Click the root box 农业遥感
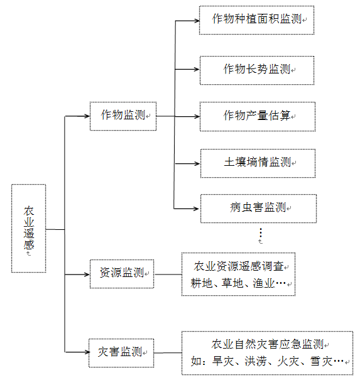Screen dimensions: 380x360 point(29,229)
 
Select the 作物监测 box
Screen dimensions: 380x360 point(123,116)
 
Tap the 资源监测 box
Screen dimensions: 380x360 point(121,273)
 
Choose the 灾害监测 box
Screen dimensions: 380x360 point(121,350)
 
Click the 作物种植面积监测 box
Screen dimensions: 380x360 point(256,19)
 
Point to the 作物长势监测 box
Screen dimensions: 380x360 point(256,70)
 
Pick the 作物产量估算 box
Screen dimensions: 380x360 point(258,116)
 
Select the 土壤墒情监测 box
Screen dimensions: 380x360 point(258,163)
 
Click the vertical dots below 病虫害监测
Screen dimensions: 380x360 point(260,232)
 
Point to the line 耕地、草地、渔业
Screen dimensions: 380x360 point(237,283)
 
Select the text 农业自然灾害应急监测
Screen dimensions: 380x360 point(267,344)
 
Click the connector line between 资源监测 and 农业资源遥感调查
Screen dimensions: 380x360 point(168,274)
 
